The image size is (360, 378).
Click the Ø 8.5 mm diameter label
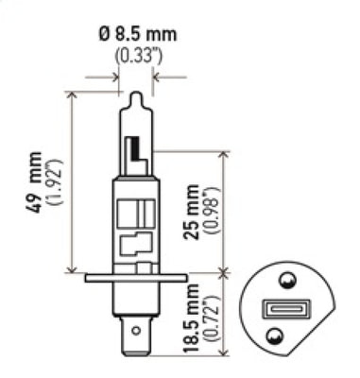(x=136, y=35)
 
